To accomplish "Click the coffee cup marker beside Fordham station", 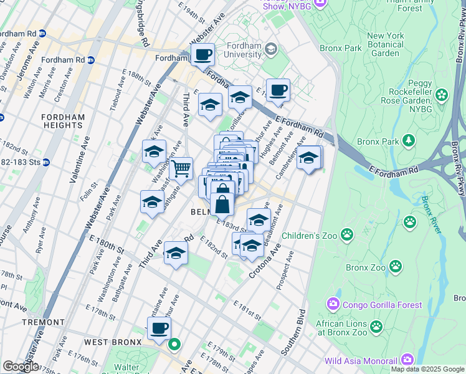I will (202, 55).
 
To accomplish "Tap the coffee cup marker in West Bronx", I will (159, 328).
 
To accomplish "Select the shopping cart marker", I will (181, 168).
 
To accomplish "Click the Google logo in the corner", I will (20, 367).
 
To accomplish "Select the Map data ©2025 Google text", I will (427, 369).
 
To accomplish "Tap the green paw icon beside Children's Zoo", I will (347, 235).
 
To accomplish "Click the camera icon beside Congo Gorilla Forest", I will (333, 304).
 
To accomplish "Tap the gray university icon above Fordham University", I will (271, 48).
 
